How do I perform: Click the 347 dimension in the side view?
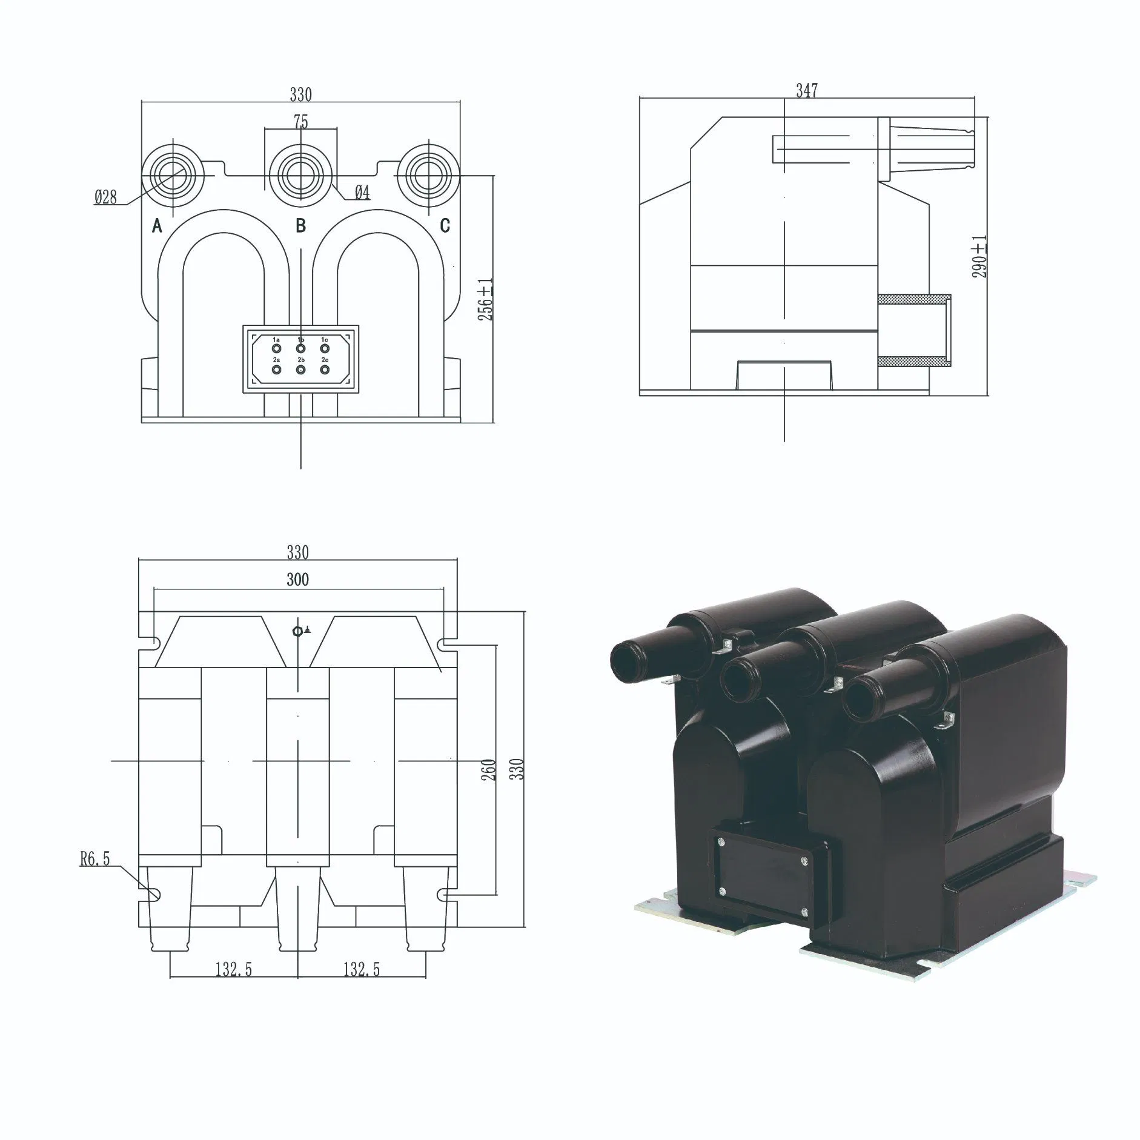[806, 91]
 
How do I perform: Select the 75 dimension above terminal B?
[301, 122]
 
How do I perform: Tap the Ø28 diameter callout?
[105, 197]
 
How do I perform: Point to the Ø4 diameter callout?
[362, 193]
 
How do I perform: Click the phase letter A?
[157, 226]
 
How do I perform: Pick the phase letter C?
[445, 226]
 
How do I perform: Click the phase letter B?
[300, 226]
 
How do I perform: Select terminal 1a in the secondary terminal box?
[276, 349]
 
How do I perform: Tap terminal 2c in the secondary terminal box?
[325, 369]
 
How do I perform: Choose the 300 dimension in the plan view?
[297, 580]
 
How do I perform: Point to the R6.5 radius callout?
[95, 859]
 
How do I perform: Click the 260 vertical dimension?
[489, 769]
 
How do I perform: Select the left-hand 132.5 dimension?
[233, 987]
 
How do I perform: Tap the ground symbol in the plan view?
[301, 631]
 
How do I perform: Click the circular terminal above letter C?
[428, 175]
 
